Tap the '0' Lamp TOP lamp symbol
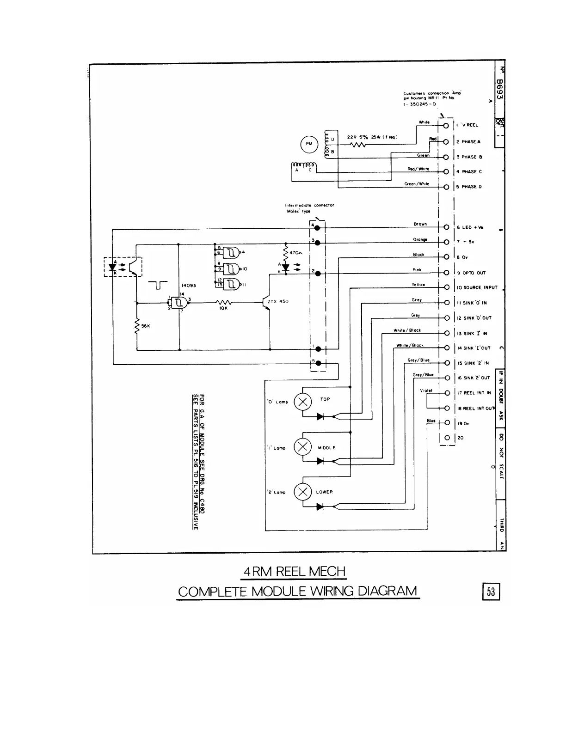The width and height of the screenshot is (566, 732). click(x=303, y=402)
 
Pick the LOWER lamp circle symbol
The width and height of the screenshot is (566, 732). click(x=303, y=491)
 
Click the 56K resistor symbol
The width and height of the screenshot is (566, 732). click(x=137, y=326)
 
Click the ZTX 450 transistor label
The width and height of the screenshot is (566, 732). click(x=278, y=301)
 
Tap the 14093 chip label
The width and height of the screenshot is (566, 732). click(x=189, y=286)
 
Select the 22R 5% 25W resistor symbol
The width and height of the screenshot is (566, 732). click(x=358, y=145)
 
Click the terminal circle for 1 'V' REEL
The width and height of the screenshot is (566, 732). click(x=446, y=126)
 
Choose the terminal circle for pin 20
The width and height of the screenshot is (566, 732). click(x=447, y=438)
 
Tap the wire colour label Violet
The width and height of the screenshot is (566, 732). click(x=426, y=390)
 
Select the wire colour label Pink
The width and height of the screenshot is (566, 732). click(x=417, y=270)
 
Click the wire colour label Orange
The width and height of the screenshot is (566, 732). click(x=420, y=239)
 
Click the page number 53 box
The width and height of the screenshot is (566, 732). click(x=491, y=592)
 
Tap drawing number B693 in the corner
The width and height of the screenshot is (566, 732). click(x=499, y=92)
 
